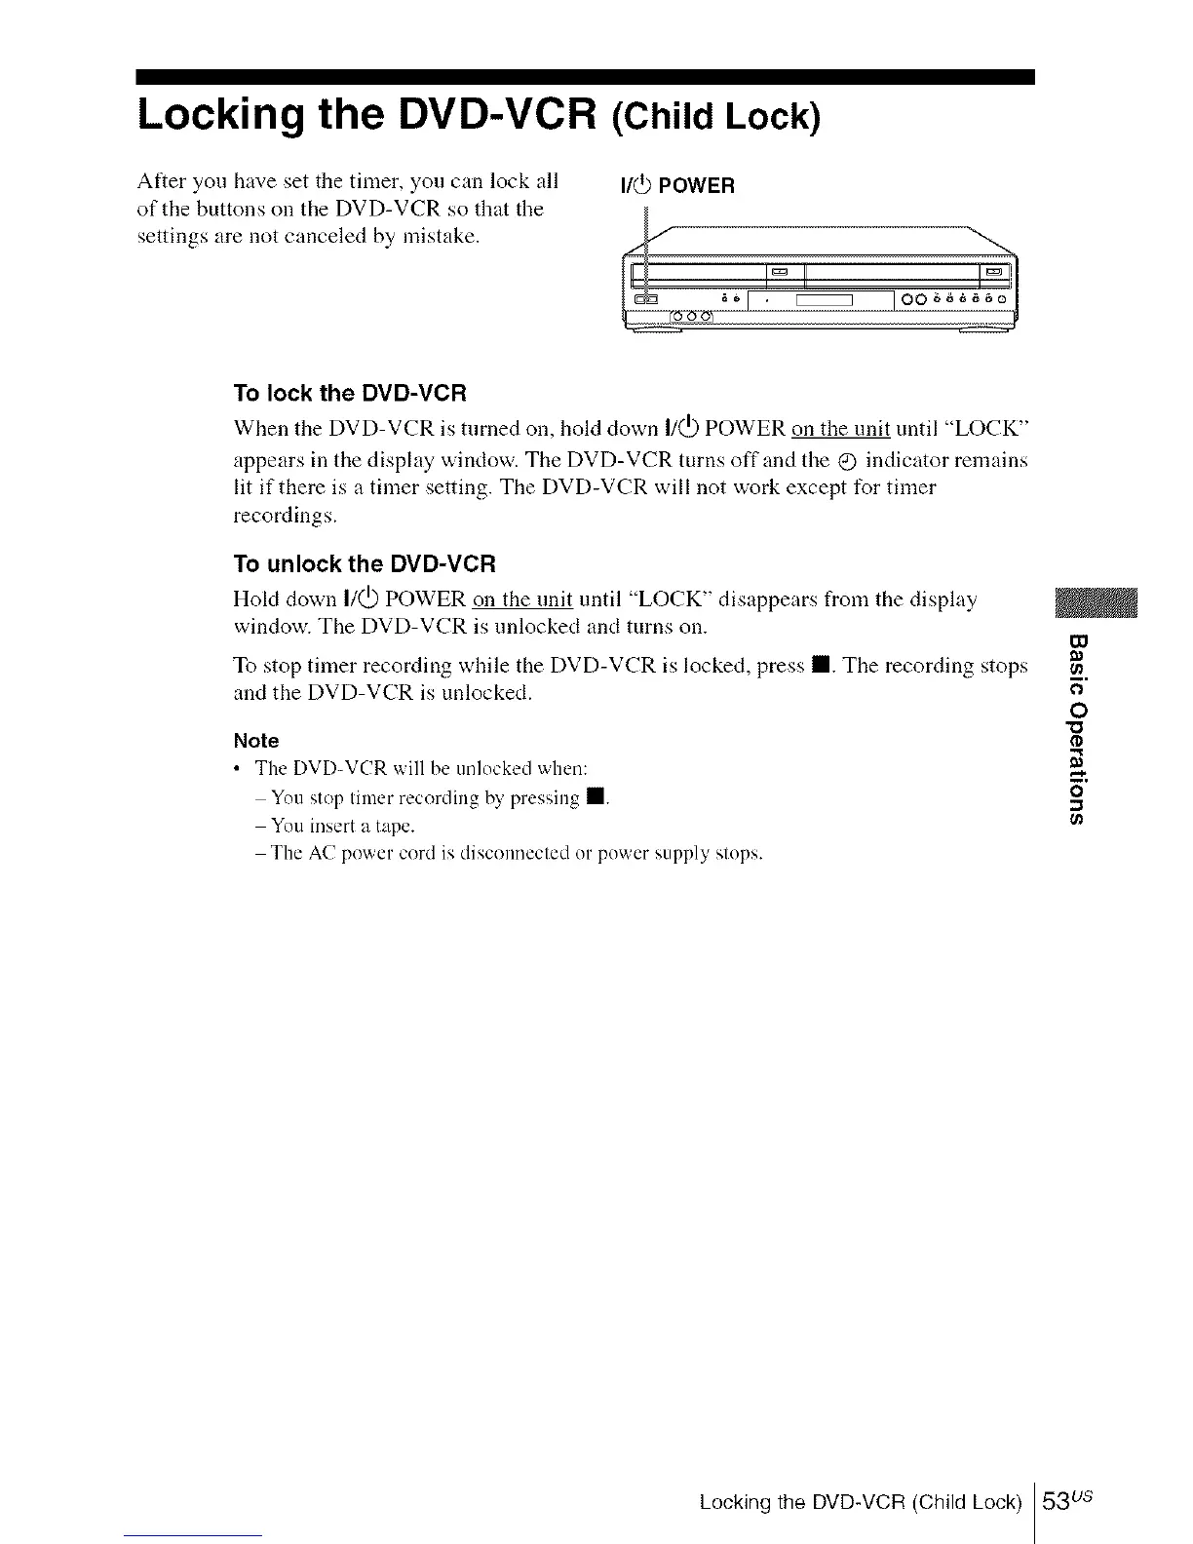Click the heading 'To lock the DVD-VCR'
tap(351, 394)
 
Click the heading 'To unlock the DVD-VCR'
tap(366, 564)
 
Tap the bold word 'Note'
tap(256, 741)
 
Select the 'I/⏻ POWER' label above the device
tap(676, 186)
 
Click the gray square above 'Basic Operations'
tap(1096, 604)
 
